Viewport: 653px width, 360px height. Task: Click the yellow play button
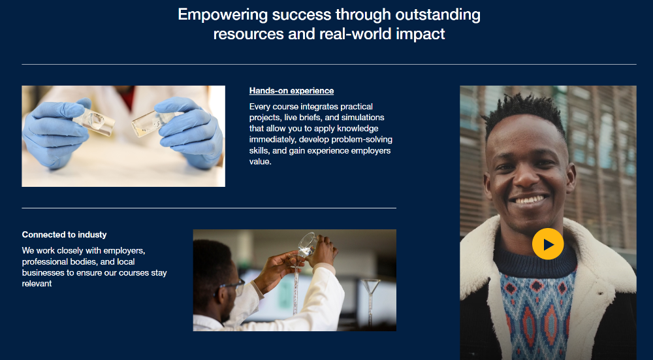(548, 244)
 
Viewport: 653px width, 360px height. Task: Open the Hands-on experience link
(291, 91)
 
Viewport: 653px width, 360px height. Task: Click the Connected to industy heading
(64, 235)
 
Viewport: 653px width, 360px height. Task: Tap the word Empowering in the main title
(223, 14)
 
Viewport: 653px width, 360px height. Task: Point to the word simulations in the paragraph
(362, 118)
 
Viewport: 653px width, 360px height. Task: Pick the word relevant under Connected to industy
(37, 284)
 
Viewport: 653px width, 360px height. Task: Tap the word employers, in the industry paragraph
(124, 251)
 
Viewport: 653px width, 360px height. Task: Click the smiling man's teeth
(530, 199)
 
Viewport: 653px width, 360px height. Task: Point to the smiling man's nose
(527, 177)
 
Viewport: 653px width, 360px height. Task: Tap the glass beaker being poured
(307, 244)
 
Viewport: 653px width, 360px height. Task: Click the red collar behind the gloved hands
(128, 97)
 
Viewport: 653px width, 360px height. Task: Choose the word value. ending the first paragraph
(261, 161)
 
